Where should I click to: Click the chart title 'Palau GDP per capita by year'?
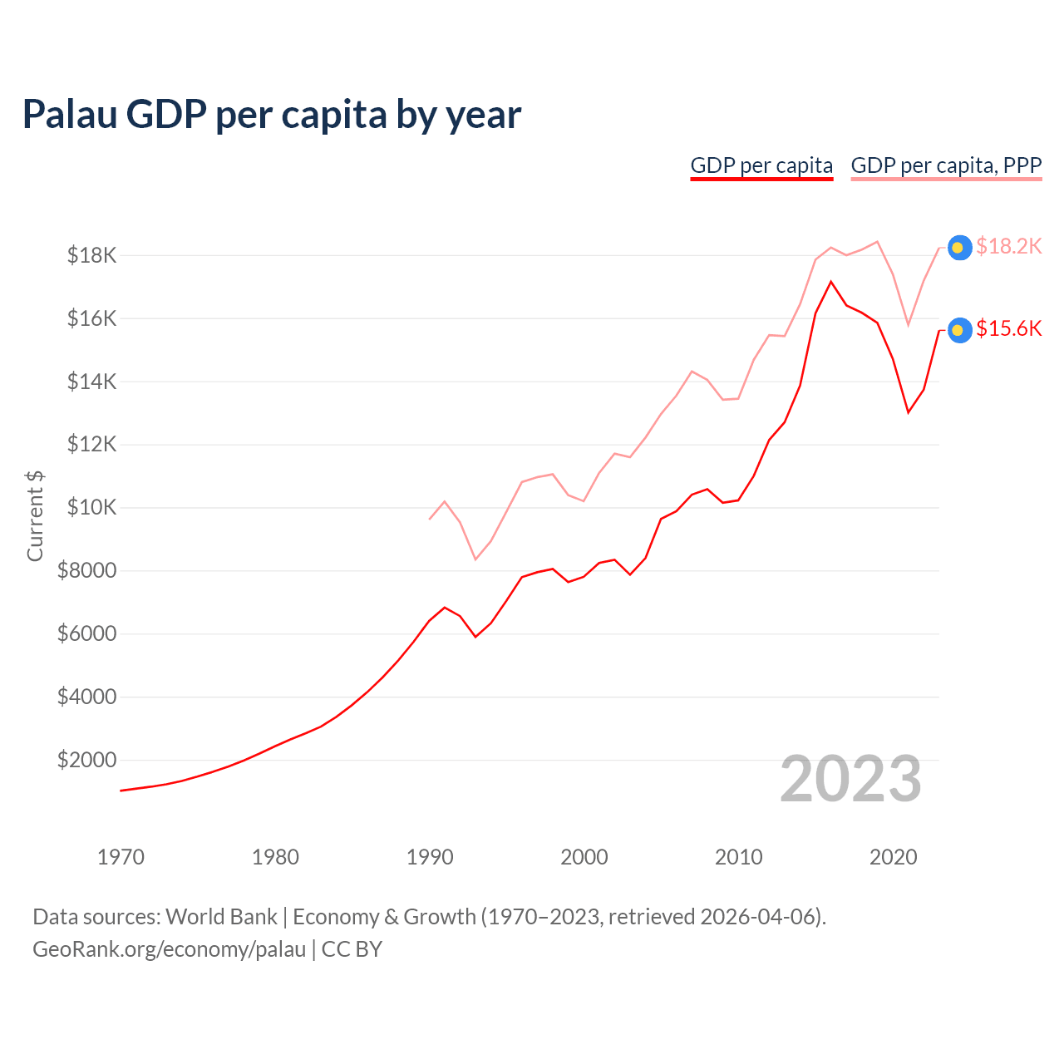pos(272,115)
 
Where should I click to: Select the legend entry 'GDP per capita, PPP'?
pos(946,165)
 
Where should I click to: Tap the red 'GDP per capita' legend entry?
pos(761,165)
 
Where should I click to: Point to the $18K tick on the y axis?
pos(91,255)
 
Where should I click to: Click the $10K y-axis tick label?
pos(91,507)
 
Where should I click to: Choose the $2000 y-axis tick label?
pos(86,760)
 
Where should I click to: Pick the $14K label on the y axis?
pos(91,382)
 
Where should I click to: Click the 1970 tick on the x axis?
pos(121,857)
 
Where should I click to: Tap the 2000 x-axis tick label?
pos(584,857)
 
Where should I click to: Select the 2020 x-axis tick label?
pos(893,857)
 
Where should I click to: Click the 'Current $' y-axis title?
pos(35,515)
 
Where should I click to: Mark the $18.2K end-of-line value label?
pos(1008,246)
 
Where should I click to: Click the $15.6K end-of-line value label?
pos(1008,329)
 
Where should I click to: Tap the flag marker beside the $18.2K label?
pos(959,248)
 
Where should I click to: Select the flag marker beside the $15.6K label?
pos(959,330)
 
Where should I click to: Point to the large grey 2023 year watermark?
pos(850,779)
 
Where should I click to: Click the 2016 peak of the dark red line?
pos(830,282)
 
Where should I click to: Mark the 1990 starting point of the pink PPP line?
pos(430,519)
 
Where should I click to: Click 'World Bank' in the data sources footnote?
pos(221,917)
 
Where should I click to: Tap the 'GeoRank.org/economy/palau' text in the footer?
pos(169,949)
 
